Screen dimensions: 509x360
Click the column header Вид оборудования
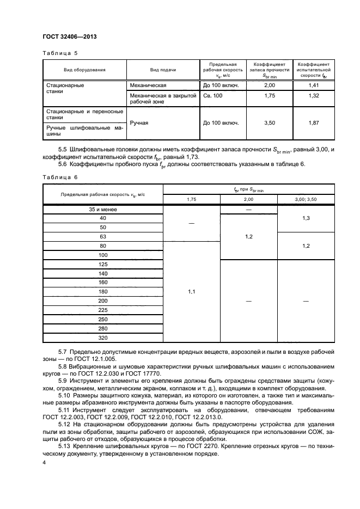84,70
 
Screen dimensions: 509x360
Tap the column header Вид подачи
163,70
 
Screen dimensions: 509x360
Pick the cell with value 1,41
314,86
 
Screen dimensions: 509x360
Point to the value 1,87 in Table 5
314,123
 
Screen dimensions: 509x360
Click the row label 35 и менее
103,209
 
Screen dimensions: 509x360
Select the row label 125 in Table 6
103,264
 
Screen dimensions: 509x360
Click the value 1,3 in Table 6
306,218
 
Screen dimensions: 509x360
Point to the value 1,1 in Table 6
191,292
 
